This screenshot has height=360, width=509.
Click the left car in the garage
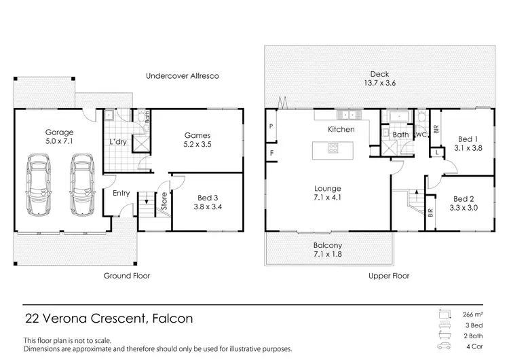[x=39, y=183]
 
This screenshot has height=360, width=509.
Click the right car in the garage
[x=81, y=183]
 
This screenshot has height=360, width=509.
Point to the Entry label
[x=121, y=194]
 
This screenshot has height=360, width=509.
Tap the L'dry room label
[x=119, y=141]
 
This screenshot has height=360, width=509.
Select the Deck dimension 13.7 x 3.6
[x=379, y=84]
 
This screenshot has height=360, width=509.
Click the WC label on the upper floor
[x=421, y=135]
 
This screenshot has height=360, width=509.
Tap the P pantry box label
[x=271, y=126]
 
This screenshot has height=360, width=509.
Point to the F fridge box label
[x=271, y=154]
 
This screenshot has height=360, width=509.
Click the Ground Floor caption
[x=126, y=276]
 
